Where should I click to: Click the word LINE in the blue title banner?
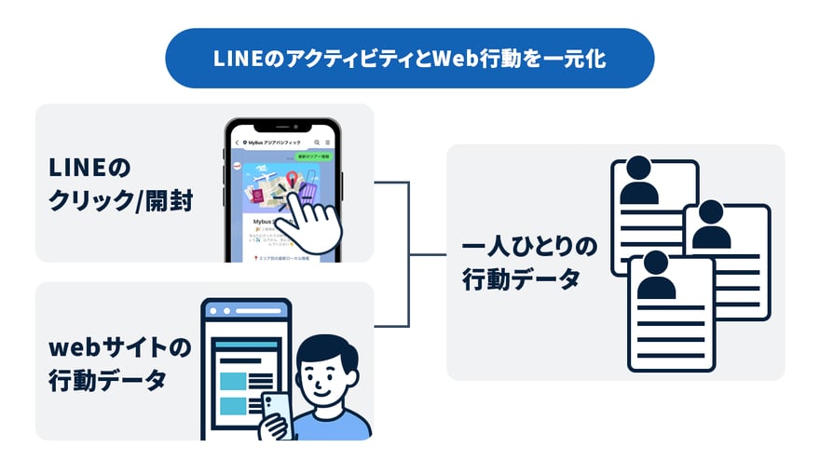click(x=237, y=59)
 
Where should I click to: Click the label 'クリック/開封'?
click(x=121, y=200)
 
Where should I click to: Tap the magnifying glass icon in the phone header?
click(x=314, y=142)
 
